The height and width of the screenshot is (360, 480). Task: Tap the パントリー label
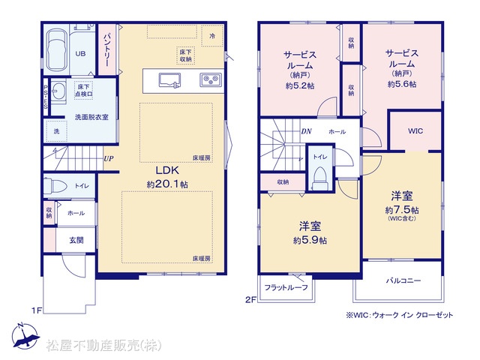pos(106,50)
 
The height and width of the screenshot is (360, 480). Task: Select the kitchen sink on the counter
pos(169,81)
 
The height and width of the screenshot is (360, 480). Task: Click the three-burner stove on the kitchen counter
pos(211,80)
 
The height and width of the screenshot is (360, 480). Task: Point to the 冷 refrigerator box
pos(212,36)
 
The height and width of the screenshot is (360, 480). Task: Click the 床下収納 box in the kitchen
pos(185,55)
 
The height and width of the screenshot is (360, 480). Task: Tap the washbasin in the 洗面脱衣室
pos(58,91)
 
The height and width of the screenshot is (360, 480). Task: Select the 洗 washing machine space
pos(56,131)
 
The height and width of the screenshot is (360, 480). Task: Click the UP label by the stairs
pos(109,158)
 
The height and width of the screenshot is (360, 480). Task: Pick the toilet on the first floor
pos(55,186)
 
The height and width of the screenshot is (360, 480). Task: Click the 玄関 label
pos(76,240)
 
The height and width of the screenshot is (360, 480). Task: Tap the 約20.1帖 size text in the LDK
pos(167,184)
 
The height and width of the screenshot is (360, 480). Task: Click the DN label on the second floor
pos(306,131)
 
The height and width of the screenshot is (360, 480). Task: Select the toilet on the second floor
pos(320,178)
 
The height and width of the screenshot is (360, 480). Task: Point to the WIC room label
pos(415,131)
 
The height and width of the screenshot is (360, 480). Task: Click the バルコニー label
pos(403,280)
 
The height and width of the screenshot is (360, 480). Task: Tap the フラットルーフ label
pos(286,287)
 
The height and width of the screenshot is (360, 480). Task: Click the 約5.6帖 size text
pos(402,84)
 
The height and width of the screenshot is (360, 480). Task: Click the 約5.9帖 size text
pos(310,240)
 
